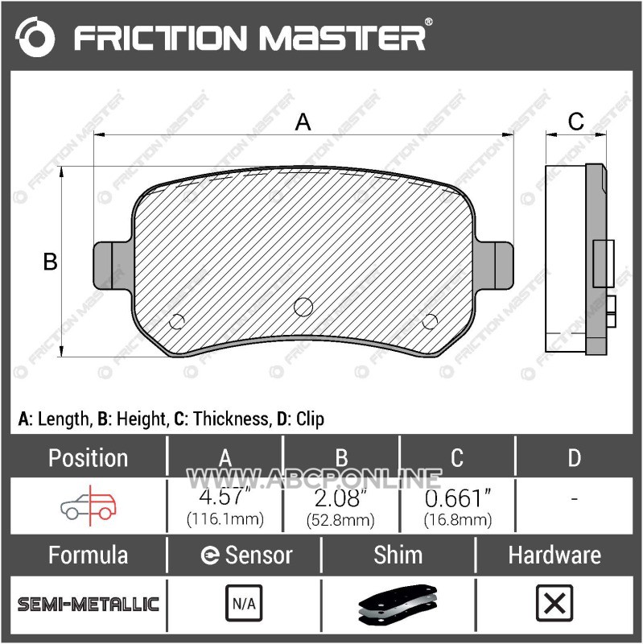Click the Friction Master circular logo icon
(x=35, y=37)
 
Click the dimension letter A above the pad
(x=303, y=122)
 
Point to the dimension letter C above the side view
(x=575, y=122)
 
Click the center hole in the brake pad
(x=303, y=307)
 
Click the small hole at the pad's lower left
(x=176, y=321)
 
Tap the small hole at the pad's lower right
(x=430, y=321)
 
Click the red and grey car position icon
(x=89, y=506)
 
